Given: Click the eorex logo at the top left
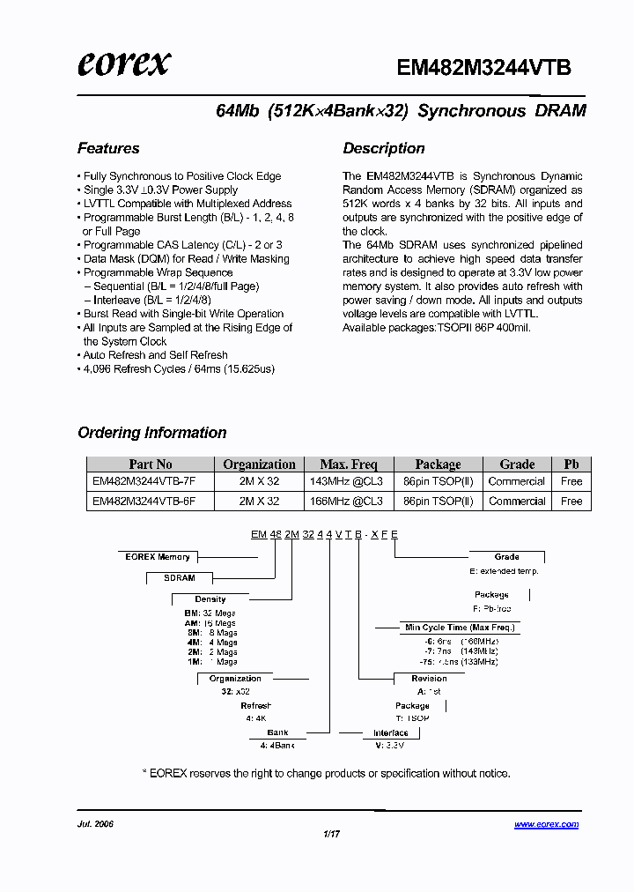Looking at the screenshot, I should (x=123, y=64).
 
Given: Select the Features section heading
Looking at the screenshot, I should (x=108, y=148).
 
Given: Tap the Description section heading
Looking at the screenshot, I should (x=384, y=148).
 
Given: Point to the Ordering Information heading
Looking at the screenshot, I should (x=152, y=433).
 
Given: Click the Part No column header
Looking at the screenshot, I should (x=151, y=465).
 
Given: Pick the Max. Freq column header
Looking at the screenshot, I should (x=348, y=465).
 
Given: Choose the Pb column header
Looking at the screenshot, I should (x=571, y=465).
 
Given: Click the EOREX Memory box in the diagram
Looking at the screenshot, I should (x=158, y=557).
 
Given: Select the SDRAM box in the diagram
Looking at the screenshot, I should (x=180, y=578).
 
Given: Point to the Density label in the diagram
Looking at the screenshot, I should (x=210, y=599).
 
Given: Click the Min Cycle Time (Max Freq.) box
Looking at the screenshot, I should (x=459, y=628).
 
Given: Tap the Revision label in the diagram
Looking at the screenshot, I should (x=429, y=679).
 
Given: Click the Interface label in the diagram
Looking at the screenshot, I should (x=390, y=733).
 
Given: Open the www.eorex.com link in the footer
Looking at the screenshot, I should (x=546, y=825).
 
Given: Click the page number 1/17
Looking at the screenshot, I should (x=331, y=834).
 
